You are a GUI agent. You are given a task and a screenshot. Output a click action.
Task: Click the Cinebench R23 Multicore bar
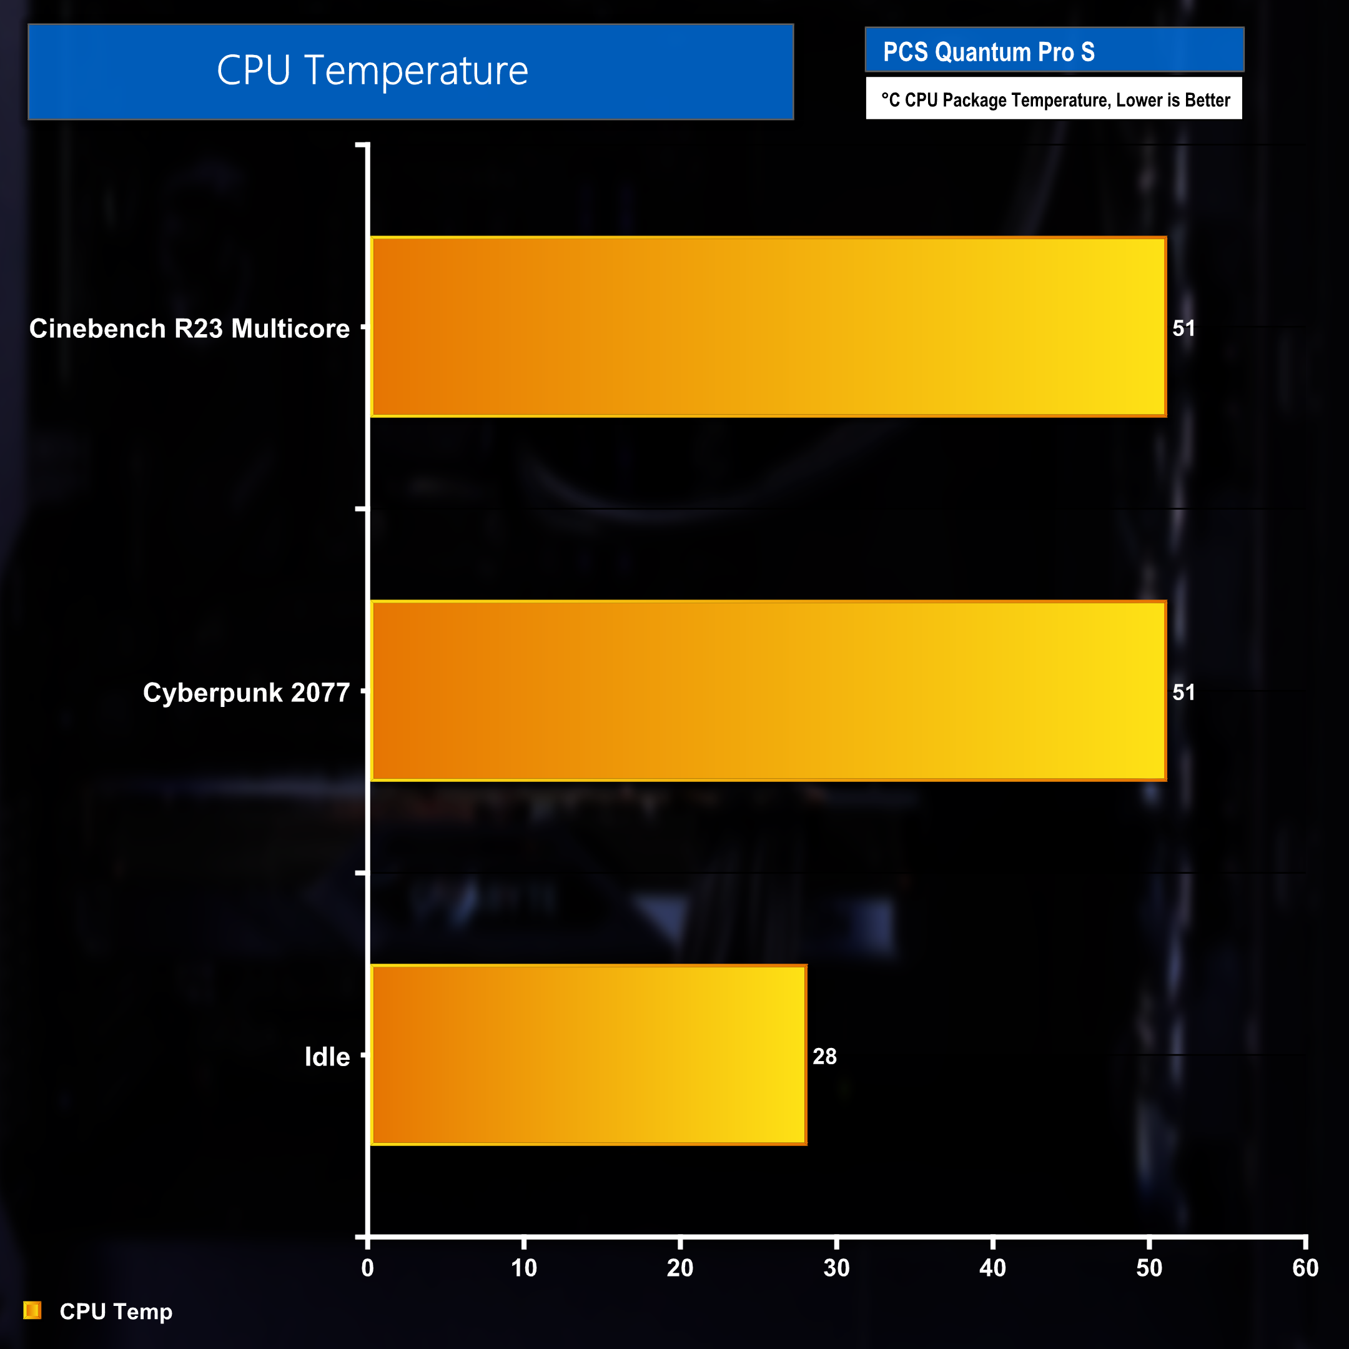click(x=768, y=327)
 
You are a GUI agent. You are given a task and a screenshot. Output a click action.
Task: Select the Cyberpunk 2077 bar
click(x=768, y=691)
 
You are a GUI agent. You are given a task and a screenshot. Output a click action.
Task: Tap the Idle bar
click(x=588, y=1055)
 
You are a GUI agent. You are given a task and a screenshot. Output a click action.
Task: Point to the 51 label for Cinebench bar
click(x=1183, y=328)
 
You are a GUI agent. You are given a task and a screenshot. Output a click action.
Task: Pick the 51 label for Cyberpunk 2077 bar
click(x=1183, y=693)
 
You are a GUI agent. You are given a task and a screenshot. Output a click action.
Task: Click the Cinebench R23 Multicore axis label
click(x=189, y=328)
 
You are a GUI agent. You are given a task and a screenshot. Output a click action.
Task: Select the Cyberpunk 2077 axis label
click(x=247, y=693)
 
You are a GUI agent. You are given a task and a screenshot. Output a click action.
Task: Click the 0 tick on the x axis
click(x=368, y=1268)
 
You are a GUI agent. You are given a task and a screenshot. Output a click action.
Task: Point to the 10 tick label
click(x=524, y=1268)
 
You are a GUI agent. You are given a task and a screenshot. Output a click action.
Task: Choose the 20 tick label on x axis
click(x=680, y=1268)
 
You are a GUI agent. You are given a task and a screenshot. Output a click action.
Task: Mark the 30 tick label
click(x=836, y=1268)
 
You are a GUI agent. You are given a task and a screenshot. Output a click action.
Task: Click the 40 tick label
click(x=993, y=1268)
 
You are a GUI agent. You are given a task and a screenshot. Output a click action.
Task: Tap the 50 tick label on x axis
click(x=1149, y=1268)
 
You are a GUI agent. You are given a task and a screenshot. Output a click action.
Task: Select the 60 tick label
click(x=1305, y=1268)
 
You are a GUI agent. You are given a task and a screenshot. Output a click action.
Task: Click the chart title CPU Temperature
click(x=372, y=71)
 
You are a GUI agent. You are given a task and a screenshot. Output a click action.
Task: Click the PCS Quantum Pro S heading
click(x=989, y=52)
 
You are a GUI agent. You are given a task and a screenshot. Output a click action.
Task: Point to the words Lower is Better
click(x=1173, y=101)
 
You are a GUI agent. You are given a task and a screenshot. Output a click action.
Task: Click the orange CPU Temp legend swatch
click(x=32, y=1311)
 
